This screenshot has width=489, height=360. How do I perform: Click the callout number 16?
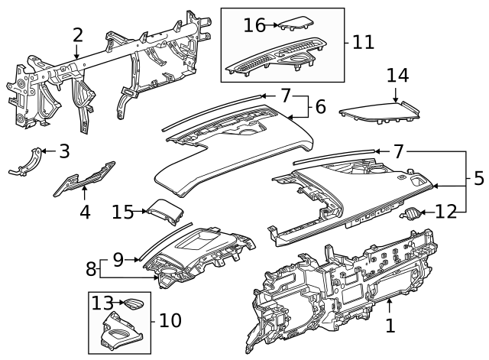[254, 25]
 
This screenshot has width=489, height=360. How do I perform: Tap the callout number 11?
[363, 42]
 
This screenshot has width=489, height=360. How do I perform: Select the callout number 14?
[397, 76]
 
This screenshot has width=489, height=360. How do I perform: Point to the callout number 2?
[78, 35]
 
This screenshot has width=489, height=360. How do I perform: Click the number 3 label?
[64, 151]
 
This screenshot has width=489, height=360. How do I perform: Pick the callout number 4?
[85, 212]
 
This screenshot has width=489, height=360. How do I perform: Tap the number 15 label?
[122, 212]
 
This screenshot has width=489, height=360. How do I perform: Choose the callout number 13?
[102, 303]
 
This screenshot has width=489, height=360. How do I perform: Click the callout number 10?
[170, 320]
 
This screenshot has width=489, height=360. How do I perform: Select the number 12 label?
[446, 212]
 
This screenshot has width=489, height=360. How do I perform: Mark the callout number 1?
[390, 326]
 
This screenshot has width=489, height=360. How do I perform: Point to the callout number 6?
[321, 106]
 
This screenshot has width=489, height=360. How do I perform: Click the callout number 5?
[479, 178]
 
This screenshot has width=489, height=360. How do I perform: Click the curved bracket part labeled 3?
[27, 163]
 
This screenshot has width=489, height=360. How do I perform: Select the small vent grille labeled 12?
[410, 214]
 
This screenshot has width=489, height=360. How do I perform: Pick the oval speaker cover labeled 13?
[134, 304]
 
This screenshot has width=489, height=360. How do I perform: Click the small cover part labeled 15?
[165, 212]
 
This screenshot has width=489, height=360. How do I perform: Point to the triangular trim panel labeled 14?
[380, 112]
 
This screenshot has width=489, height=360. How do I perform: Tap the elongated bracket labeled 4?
[84, 179]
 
